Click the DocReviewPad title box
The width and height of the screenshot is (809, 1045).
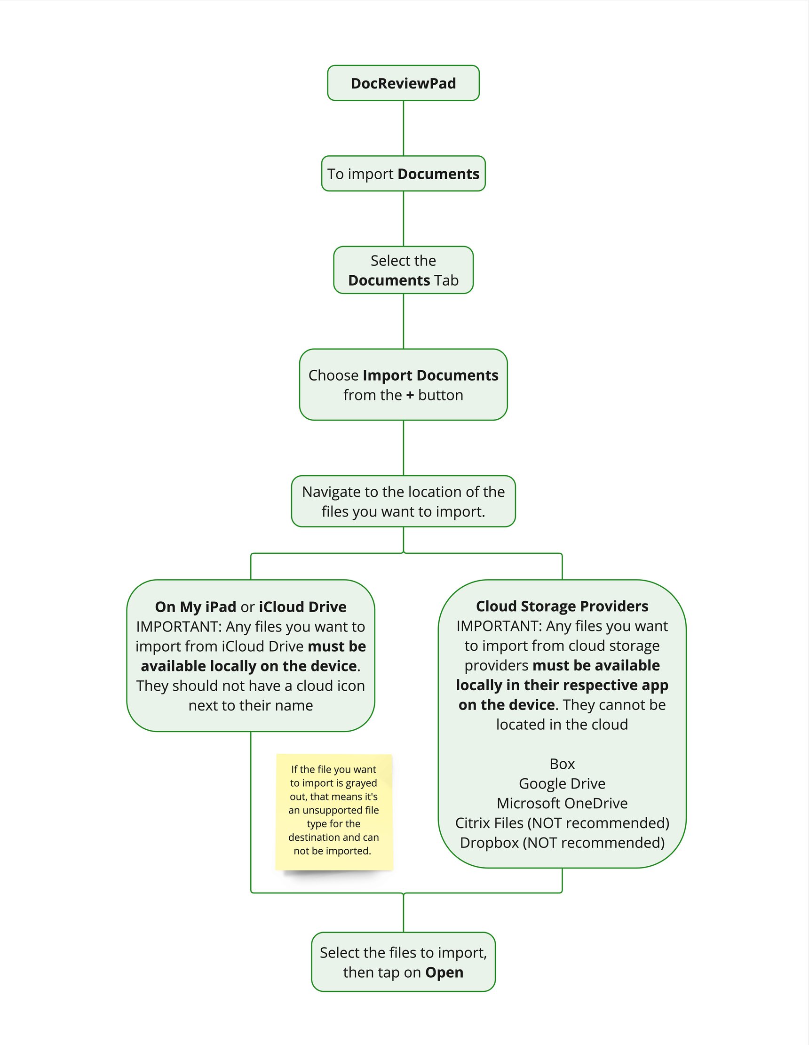click(x=403, y=83)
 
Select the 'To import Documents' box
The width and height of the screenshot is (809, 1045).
click(x=403, y=174)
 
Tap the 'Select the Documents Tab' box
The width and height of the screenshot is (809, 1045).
click(x=403, y=271)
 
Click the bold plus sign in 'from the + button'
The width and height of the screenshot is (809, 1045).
click(x=410, y=395)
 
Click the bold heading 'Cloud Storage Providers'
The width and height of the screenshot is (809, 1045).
click(x=562, y=606)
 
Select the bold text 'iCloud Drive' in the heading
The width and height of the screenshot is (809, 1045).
click(x=302, y=606)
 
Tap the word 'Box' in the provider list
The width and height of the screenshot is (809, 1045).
click(x=562, y=764)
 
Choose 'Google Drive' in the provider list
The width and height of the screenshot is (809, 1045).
click(x=562, y=783)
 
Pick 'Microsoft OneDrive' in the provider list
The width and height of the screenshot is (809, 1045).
click(x=562, y=803)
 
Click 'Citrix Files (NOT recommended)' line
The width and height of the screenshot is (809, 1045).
click(x=562, y=822)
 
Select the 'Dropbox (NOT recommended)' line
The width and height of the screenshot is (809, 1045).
click(x=562, y=842)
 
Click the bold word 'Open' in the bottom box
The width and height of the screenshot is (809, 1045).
click(x=444, y=972)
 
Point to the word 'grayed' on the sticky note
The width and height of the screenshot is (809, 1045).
click(x=362, y=783)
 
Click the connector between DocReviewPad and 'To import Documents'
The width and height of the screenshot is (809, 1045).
click(x=403, y=128)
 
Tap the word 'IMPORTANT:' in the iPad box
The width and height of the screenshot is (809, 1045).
click(x=178, y=626)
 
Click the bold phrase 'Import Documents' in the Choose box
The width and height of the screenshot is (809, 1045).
click(x=430, y=375)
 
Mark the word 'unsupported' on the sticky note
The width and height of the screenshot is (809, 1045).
click(x=329, y=810)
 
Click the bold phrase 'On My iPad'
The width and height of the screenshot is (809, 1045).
click(x=195, y=606)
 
